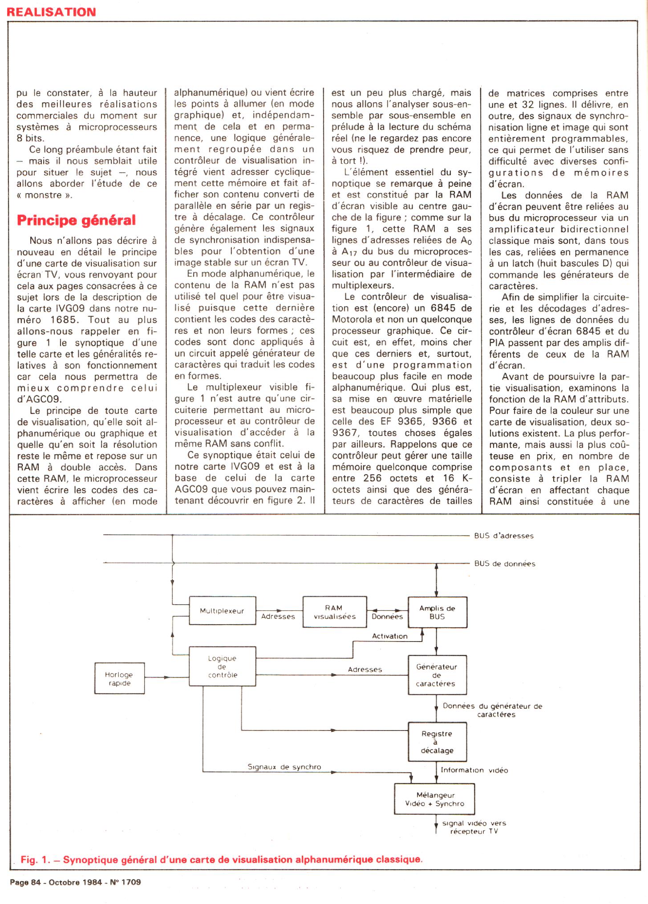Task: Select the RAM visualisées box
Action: [335, 612]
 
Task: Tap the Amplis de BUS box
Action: [437, 612]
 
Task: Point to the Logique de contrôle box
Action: [223, 666]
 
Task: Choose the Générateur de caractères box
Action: [437, 675]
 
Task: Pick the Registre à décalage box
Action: [437, 742]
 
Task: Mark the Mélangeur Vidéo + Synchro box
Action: [434, 799]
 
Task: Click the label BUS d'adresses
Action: [503, 536]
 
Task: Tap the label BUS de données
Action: [505, 564]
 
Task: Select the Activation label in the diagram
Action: [389, 636]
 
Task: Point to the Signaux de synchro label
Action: [284, 767]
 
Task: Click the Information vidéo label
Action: [474, 770]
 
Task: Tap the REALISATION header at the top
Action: [51, 12]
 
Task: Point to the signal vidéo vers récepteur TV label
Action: [474, 827]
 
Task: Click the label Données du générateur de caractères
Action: [492, 710]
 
